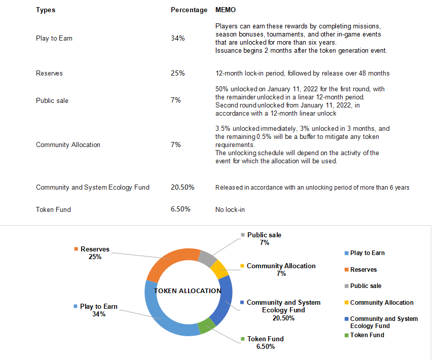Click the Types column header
click(46, 10)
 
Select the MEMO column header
click(226, 10)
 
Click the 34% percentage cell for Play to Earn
click(177, 38)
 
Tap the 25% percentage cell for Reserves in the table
click(177, 73)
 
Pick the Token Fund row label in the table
click(53, 209)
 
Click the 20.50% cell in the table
click(182, 187)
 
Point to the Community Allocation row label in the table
click(68, 145)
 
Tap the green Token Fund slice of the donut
click(206, 326)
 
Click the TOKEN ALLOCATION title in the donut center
click(188, 291)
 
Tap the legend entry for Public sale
click(365, 286)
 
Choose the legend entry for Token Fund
click(367, 335)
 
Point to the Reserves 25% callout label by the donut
click(95, 253)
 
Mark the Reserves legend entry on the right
click(363, 270)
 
